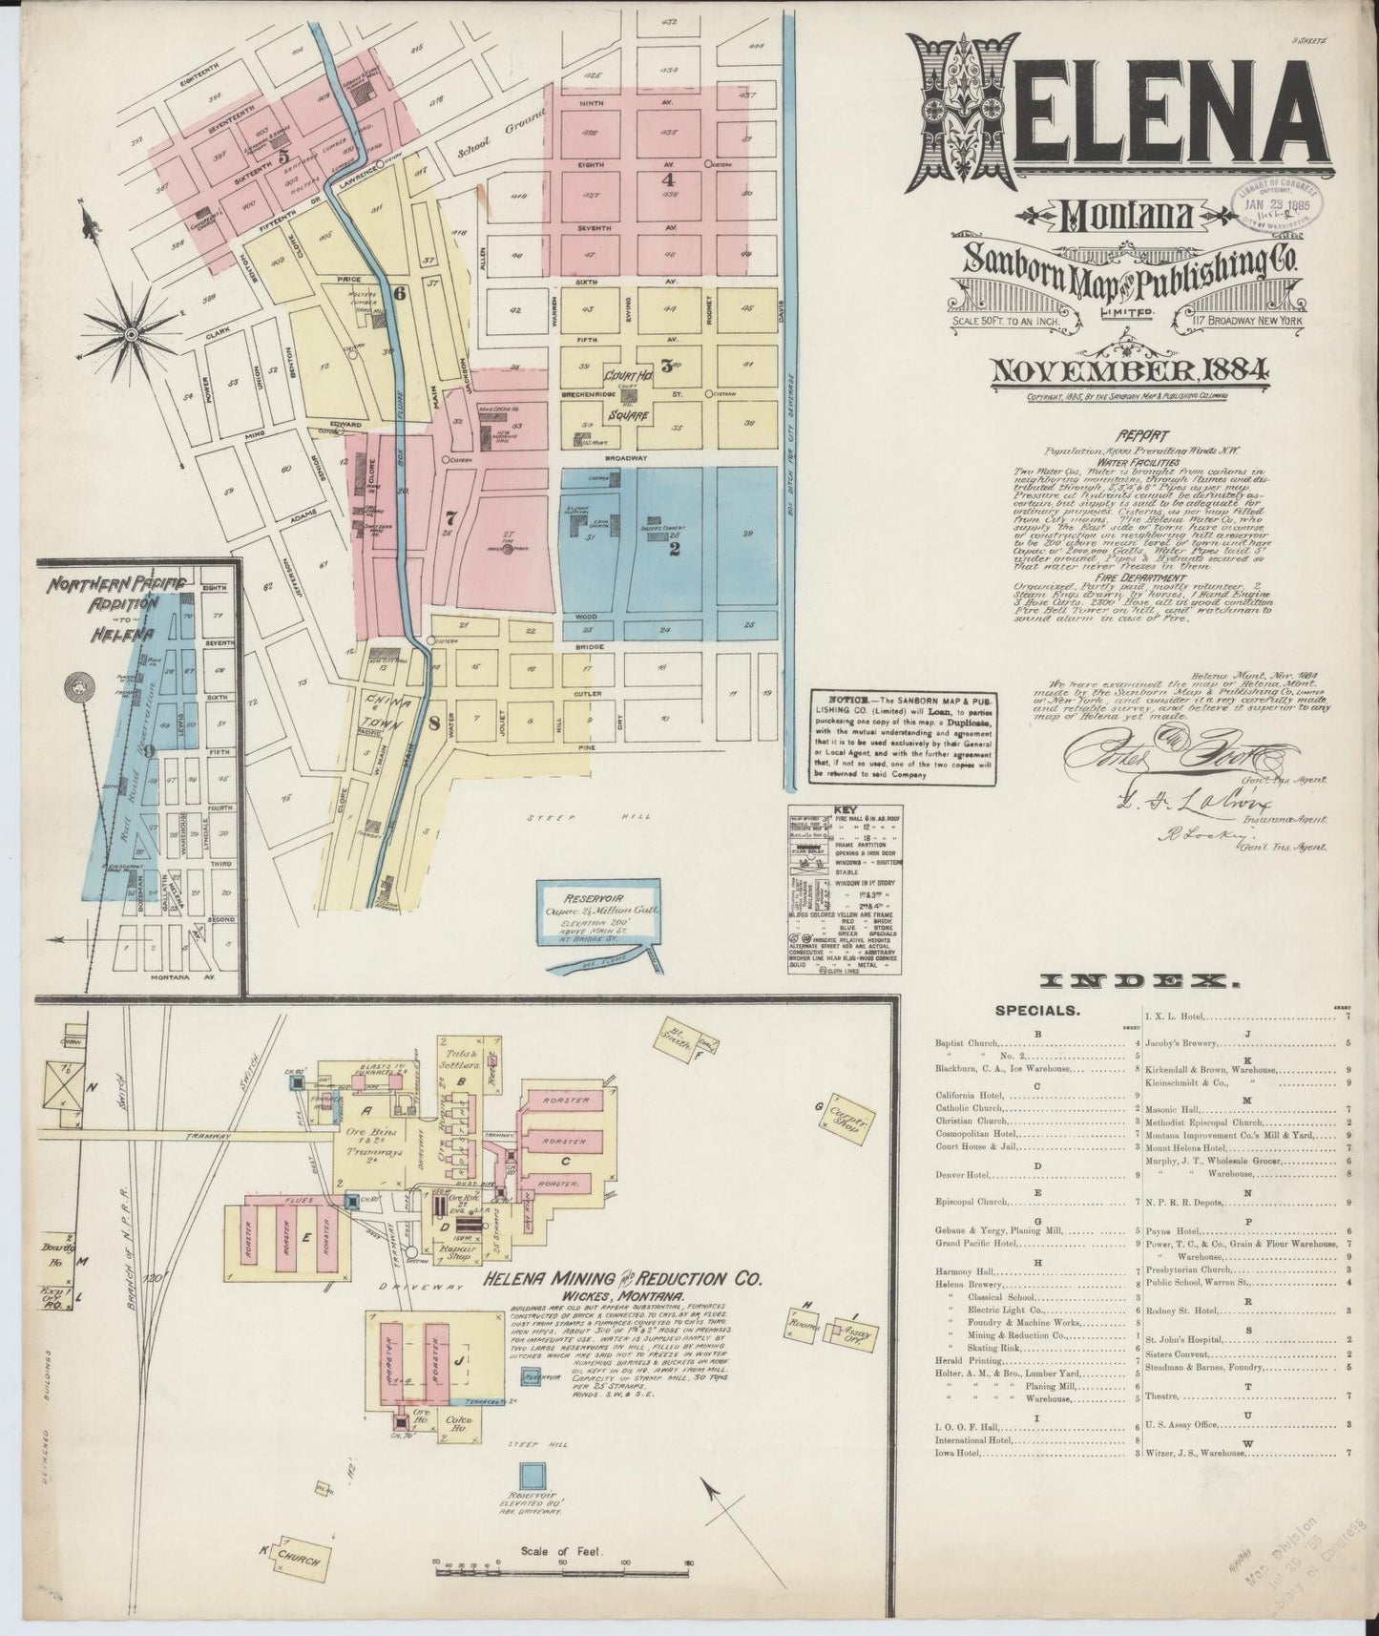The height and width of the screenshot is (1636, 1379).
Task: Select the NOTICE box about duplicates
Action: pos(903,737)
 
